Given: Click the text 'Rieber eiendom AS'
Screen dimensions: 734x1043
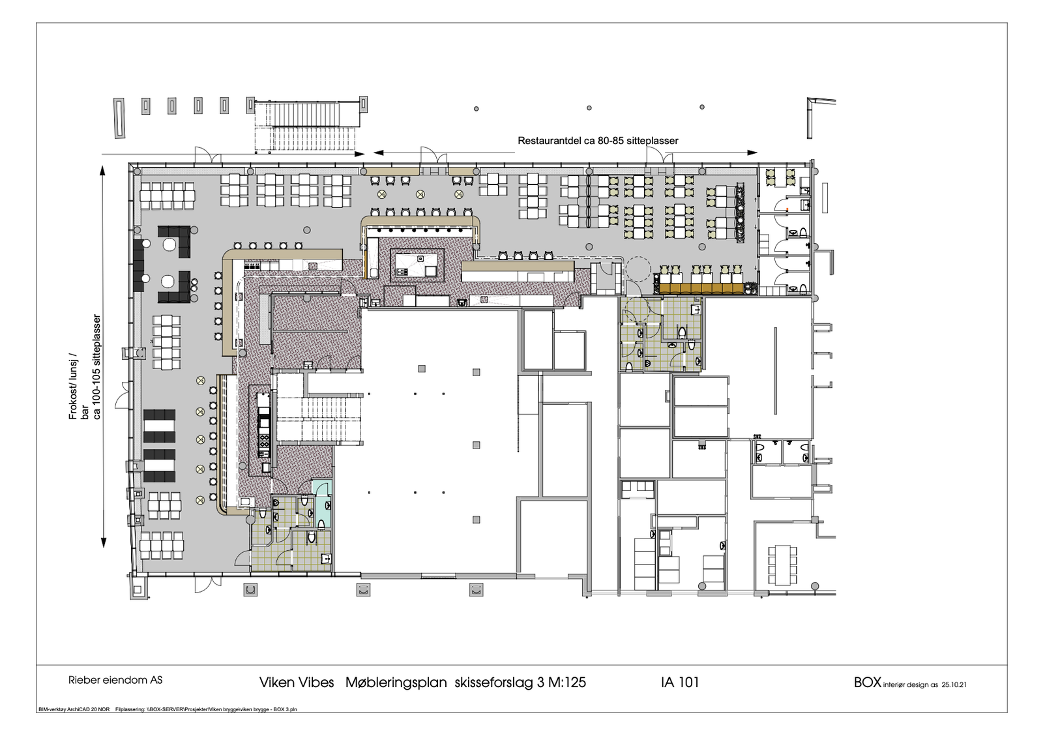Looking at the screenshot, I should (x=115, y=680).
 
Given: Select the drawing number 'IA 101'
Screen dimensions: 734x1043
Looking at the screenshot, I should (x=679, y=682).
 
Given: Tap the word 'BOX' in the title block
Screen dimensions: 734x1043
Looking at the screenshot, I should (x=867, y=682).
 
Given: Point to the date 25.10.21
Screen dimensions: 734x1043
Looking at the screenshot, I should (x=954, y=685).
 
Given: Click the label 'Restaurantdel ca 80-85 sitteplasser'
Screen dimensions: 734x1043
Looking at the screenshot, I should (x=598, y=141).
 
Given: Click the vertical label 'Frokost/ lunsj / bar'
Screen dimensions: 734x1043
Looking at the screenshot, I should (x=78, y=386).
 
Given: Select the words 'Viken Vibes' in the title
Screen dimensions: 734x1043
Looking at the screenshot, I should (x=297, y=683).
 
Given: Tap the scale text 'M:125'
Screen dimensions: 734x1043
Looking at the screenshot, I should (x=566, y=683).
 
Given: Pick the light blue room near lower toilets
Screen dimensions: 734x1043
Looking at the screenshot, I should (x=322, y=503).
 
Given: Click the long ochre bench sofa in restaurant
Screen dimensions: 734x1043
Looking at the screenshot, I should (x=701, y=287).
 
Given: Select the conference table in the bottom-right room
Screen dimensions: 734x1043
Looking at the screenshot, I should (x=782, y=565).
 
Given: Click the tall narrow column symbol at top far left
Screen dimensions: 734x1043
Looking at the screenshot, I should (x=119, y=118).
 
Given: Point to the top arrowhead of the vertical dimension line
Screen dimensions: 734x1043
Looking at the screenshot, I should (x=102, y=171).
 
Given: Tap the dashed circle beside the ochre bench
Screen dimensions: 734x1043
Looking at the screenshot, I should (x=638, y=267).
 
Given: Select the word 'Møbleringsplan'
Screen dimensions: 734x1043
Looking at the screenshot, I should (x=396, y=683).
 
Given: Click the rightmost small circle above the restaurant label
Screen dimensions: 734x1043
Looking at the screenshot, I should (x=702, y=107).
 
